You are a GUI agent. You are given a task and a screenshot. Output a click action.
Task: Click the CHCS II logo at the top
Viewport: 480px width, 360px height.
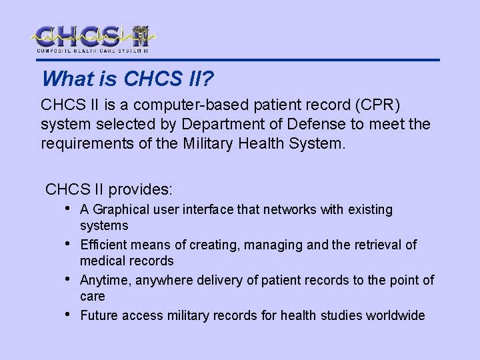(93, 39)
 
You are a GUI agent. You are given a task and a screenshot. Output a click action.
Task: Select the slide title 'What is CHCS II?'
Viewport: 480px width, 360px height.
(127, 79)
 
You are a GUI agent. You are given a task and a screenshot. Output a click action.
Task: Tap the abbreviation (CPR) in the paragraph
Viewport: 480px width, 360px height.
(378, 105)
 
